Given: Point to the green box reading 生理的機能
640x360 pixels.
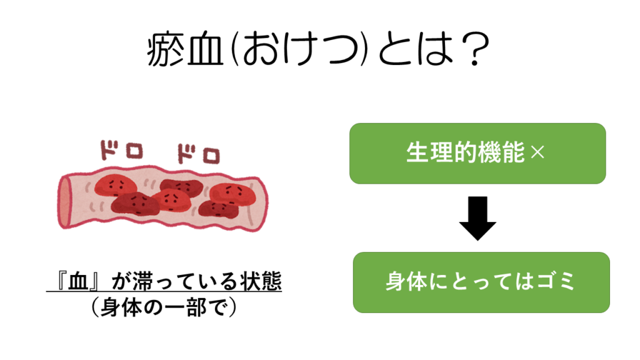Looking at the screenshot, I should point(477,153).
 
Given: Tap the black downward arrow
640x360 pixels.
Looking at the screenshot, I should point(477,219).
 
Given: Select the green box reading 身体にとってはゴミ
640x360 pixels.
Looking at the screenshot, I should point(481,282).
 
